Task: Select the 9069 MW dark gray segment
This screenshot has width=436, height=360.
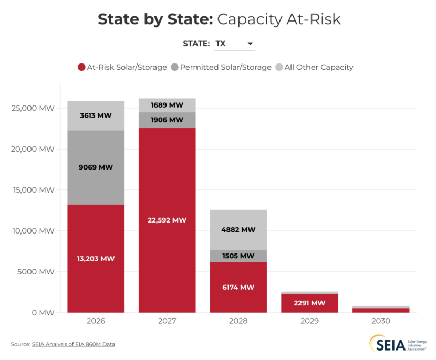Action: point(96,167)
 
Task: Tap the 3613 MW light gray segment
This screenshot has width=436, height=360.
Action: point(96,115)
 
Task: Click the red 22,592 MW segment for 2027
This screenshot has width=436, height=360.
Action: point(167,220)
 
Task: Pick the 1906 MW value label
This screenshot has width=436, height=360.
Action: point(167,120)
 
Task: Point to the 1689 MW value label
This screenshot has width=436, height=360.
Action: point(167,105)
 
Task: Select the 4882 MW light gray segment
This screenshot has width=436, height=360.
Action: point(238,230)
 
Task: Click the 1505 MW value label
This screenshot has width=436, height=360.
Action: point(238,256)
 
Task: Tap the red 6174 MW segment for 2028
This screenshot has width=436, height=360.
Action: point(238,287)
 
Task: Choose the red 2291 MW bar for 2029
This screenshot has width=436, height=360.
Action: point(309,303)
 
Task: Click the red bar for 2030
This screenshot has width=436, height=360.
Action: point(381,310)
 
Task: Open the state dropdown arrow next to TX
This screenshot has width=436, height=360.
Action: point(250,44)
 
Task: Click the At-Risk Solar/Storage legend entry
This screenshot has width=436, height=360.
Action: point(122,67)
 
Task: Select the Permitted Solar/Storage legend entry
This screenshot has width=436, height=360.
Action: point(221,67)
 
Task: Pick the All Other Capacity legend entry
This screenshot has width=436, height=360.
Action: point(314,67)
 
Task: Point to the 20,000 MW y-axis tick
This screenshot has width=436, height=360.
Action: point(33,149)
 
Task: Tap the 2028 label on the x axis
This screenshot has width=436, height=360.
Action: point(238,321)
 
